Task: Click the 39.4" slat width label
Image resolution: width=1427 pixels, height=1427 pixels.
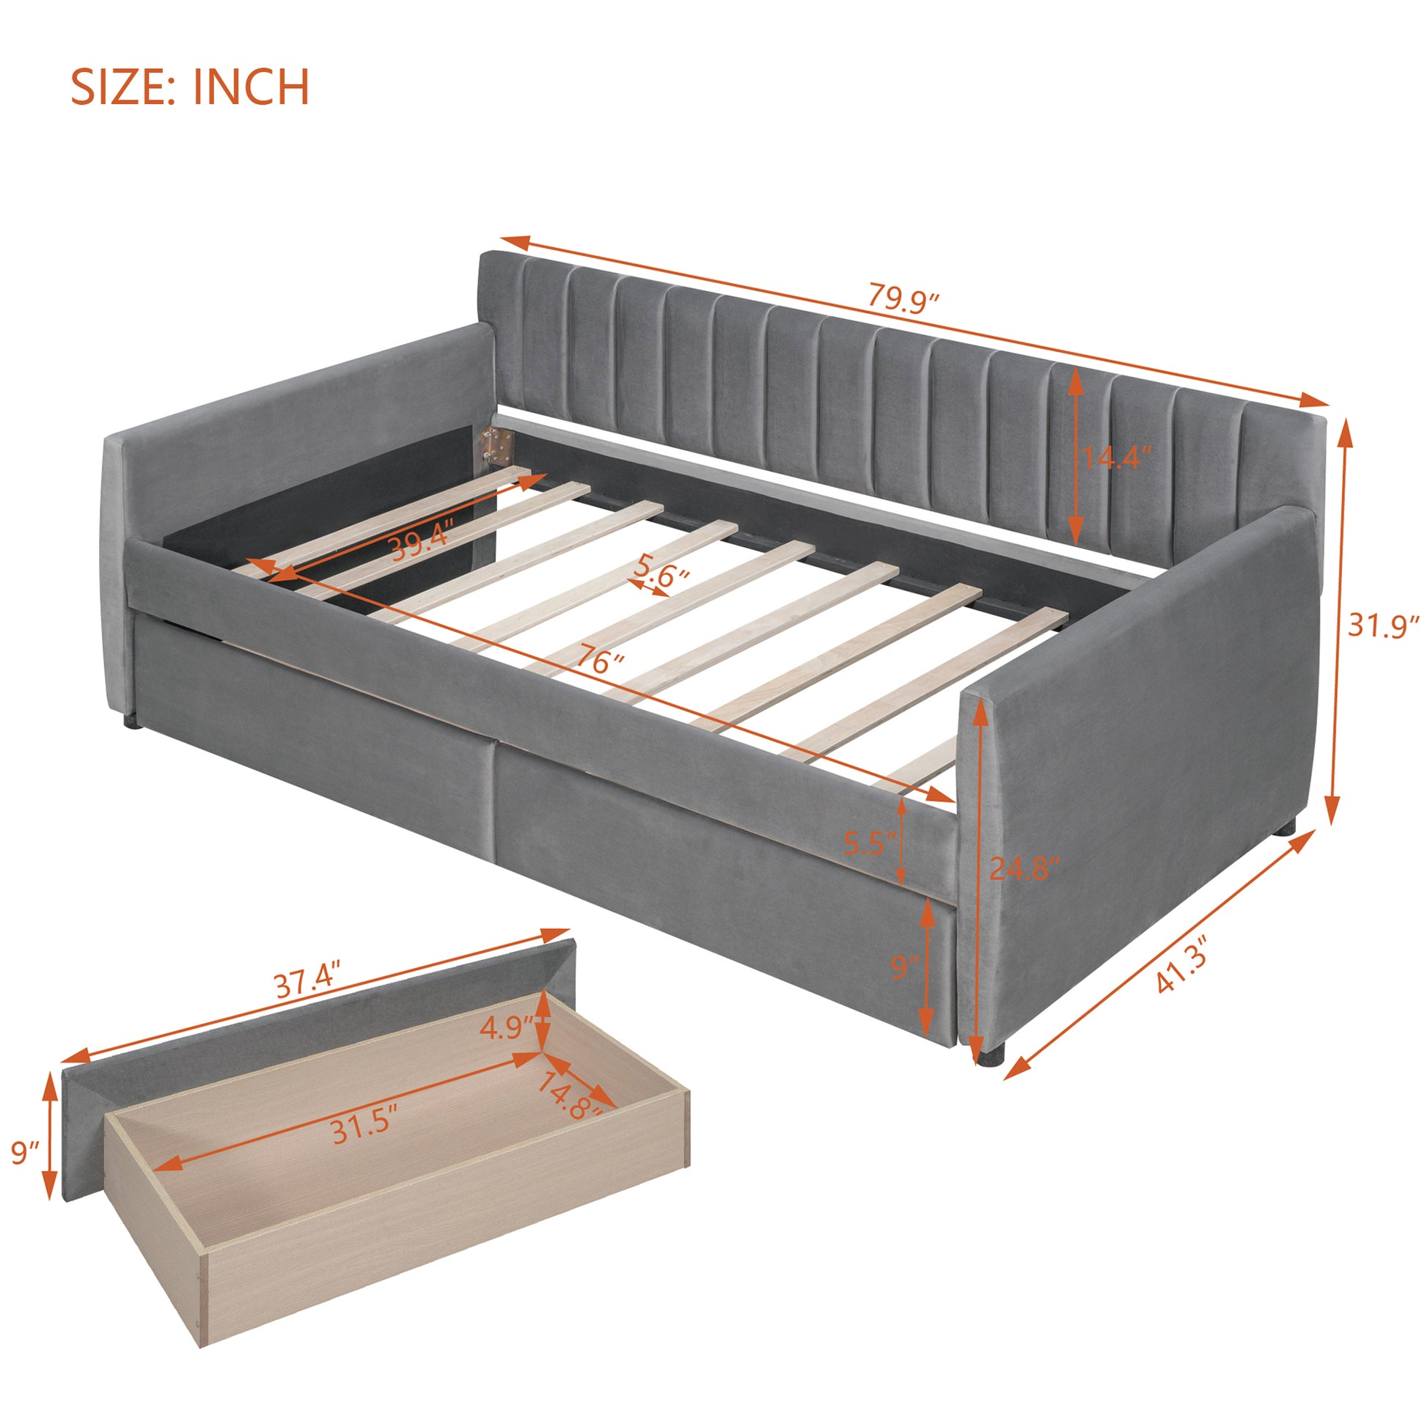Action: [419, 546]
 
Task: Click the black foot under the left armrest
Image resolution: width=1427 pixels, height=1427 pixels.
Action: [133, 719]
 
